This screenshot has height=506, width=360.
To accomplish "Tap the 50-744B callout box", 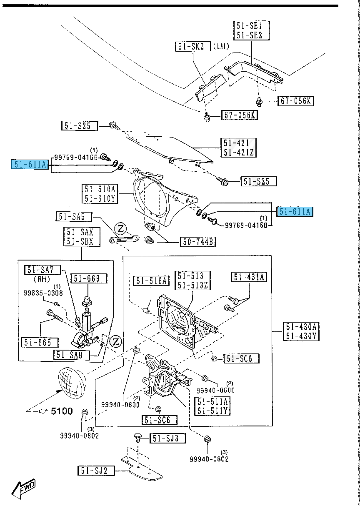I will tap(197, 241).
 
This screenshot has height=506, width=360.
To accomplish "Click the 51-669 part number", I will tap(88, 279).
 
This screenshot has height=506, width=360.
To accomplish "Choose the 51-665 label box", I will tap(37, 342).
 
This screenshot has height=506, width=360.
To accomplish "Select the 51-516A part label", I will tap(151, 281).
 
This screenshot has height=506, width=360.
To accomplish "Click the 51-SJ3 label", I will tap(168, 438).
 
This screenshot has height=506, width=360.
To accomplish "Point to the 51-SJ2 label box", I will tap(95, 471).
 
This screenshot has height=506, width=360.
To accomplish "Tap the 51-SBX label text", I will tap(79, 241).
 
